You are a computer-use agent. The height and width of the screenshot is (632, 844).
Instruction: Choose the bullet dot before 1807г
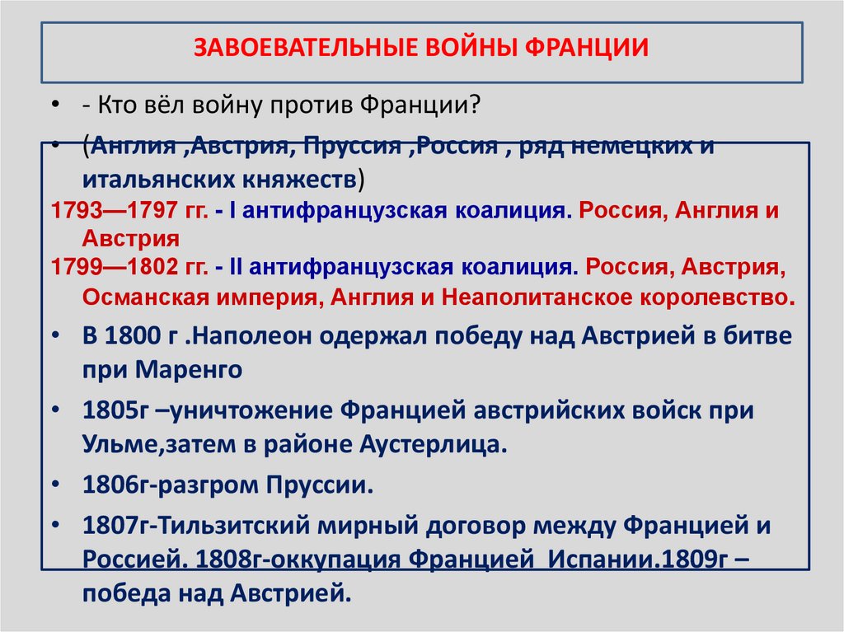(x=54, y=525)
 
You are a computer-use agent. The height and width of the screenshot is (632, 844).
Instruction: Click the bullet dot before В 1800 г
(x=54, y=337)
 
